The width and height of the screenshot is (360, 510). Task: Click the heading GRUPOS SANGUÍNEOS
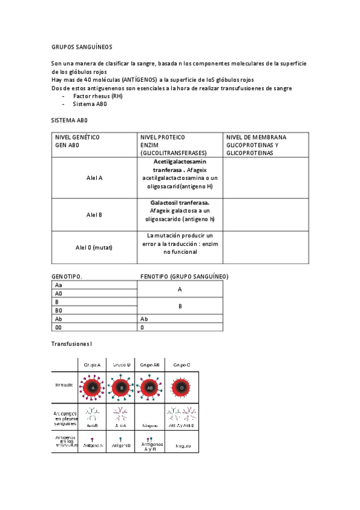(81, 46)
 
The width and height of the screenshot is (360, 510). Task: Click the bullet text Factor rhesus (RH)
(97, 96)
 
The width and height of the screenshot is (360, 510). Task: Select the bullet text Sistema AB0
(90, 104)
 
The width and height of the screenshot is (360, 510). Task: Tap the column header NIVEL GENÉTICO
(78, 137)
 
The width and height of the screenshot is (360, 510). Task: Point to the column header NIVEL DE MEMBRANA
(256, 137)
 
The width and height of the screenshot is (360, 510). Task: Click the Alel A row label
(94, 178)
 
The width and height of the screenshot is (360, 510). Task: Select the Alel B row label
(94, 215)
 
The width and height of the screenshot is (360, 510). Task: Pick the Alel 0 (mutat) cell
(94, 247)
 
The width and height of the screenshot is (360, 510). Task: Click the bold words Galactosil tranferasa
(180, 203)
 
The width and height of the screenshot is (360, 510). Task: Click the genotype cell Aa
(58, 285)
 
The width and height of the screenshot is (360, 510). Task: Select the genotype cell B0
(59, 310)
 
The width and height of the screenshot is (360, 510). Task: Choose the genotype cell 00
(58, 328)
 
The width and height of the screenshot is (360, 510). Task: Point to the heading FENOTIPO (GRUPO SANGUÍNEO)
(184, 277)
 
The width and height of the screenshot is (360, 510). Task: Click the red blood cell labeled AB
(150, 388)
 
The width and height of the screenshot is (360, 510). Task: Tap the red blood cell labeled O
(182, 388)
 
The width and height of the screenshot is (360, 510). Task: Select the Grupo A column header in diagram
(92, 364)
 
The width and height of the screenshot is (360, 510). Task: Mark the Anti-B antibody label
(92, 424)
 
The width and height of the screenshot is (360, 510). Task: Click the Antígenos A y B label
(150, 446)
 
